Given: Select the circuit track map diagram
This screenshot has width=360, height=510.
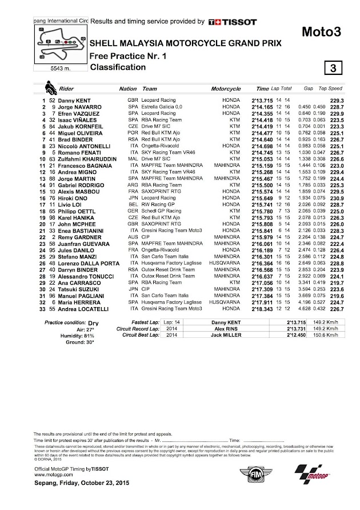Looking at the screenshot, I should (59, 43).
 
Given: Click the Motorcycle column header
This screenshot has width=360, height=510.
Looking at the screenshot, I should (226, 90).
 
